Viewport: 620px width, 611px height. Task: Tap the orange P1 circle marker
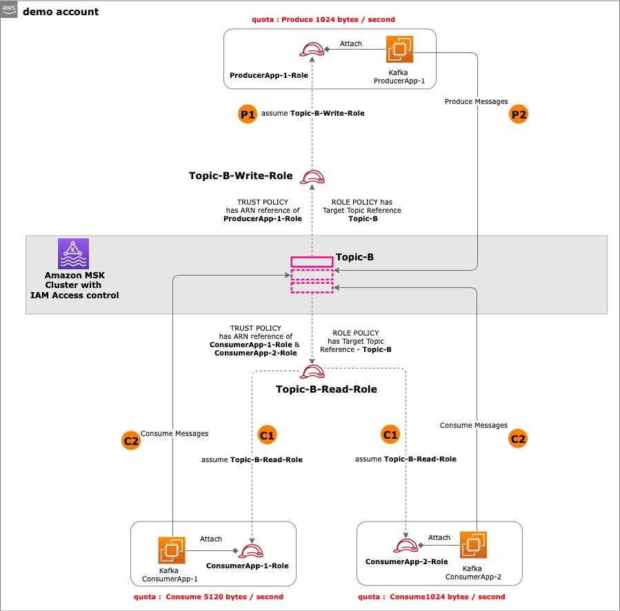point(246,114)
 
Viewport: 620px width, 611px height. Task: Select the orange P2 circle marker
point(518,115)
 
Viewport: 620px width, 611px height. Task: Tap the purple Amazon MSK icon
point(74,253)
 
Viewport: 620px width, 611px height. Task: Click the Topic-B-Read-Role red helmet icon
point(312,373)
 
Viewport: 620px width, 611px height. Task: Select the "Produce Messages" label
point(472,102)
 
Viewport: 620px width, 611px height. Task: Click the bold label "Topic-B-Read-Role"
point(326,389)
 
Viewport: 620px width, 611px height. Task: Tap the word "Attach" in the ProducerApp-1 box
point(351,44)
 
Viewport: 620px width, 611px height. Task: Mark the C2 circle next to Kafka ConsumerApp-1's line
point(130,441)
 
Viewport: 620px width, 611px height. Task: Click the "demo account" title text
point(61,12)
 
